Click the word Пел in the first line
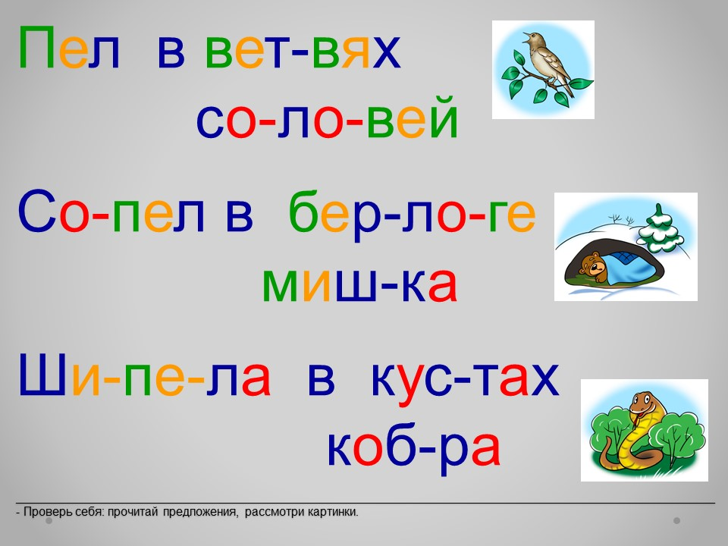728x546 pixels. [69, 47]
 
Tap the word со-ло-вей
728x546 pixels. [328, 117]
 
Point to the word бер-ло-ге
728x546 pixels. [413, 214]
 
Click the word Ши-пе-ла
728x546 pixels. [144, 375]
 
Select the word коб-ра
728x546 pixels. [414, 446]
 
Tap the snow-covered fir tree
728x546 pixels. [659, 230]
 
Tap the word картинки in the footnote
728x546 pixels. [334, 512]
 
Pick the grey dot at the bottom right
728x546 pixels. [677, 521]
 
